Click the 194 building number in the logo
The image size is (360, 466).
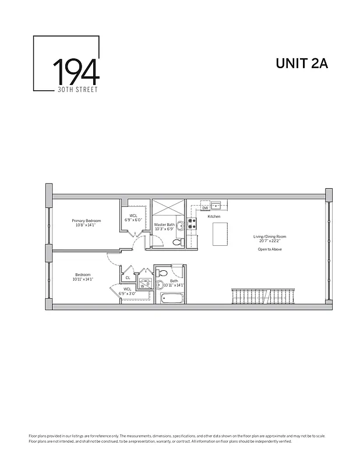(76, 72)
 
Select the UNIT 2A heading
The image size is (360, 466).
(301, 64)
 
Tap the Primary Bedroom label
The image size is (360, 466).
(86, 221)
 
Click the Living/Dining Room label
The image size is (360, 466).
(269, 236)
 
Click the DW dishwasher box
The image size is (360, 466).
(205, 207)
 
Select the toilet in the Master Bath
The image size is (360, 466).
(180, 241)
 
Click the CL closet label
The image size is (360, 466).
(128, 277)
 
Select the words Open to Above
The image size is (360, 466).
(269, 249)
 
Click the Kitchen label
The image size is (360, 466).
(214, 217)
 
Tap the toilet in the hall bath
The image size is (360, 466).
(163, 272)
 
